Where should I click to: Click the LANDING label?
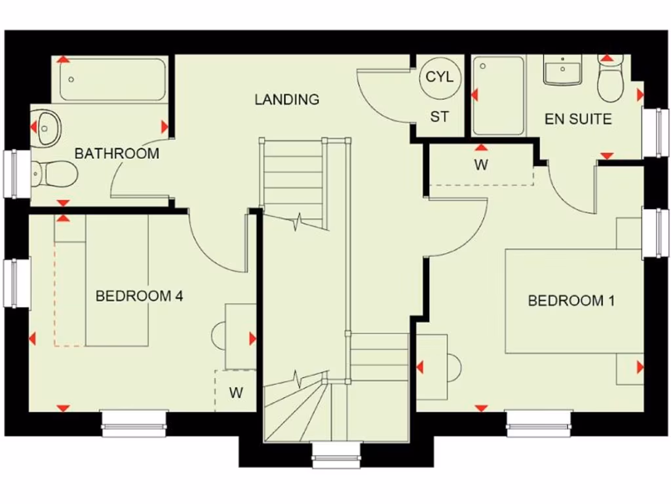[287, 100]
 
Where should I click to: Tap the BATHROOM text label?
[117, 154]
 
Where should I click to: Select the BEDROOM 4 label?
[139, 296]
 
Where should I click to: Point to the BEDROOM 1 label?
[571, 301]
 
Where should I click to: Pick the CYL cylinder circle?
[440, 77]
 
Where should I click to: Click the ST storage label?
[440, 117]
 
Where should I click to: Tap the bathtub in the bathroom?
[113, 79]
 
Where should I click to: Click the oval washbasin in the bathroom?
[47, 127]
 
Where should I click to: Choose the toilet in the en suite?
[611, 80]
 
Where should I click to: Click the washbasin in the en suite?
[562, 70]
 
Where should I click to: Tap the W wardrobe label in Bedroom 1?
[482, 165]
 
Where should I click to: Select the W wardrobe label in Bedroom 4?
[236, 393]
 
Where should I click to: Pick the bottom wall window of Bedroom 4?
[134, 423]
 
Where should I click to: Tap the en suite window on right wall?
[655, 133]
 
